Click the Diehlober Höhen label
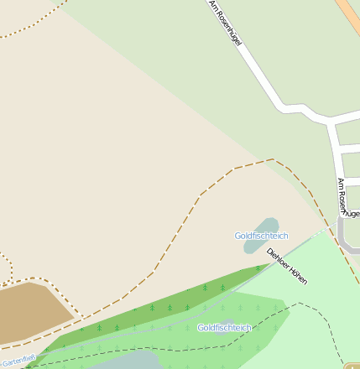click(287, 267)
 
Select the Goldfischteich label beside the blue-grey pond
click(260, 236)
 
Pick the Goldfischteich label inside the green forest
click(224, 327)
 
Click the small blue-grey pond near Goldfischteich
click(267, 226)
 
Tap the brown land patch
click(34, 311)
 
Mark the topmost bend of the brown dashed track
click(273, 159)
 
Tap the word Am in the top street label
click(213, 6)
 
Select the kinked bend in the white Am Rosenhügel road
click(290, 108)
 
